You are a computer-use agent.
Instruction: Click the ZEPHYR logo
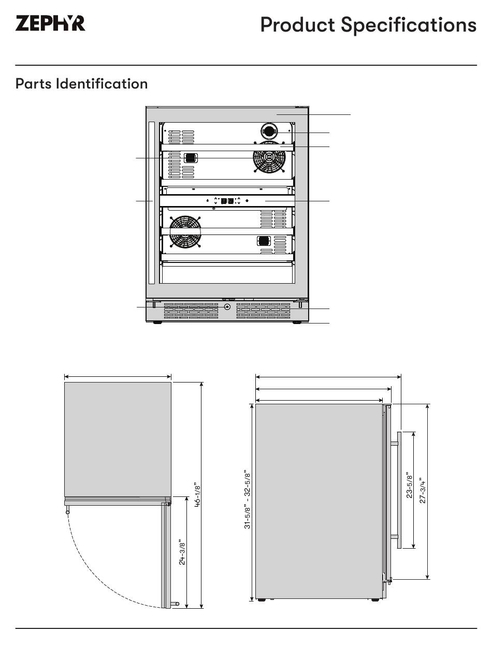[50, 24]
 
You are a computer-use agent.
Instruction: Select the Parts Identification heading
[81, 84]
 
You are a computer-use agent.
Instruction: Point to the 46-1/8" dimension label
[197, 496]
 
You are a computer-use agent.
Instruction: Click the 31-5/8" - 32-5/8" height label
[248, 500]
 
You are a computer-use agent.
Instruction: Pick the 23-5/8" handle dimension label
[409, 485]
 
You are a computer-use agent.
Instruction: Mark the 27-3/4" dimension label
[422, 490]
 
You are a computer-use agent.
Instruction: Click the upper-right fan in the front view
[269, 157]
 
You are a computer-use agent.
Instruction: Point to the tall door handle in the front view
[152, 202]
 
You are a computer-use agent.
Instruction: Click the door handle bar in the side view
[399, 490]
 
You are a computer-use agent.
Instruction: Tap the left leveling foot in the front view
[157, 322]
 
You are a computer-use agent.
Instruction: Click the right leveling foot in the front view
[297, 322]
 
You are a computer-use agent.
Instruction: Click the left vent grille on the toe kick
[191, 310]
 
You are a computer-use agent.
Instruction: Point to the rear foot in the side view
[262, 600]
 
